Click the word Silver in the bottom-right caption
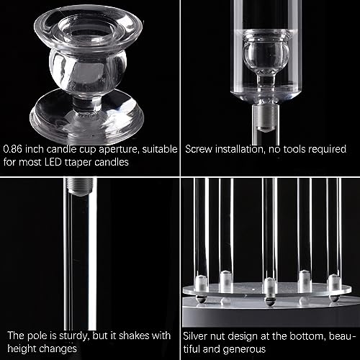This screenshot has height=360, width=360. pyautogui.click(x=199, y=335)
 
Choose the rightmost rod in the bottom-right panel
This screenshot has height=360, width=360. pyautogui.click(x=336, y=230)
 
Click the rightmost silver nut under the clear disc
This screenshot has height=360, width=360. pyautogui.click(x=334, y=297)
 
